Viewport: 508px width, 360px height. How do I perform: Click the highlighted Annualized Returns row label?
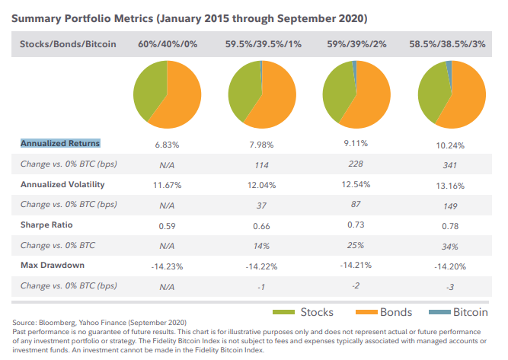(x=60, y=143)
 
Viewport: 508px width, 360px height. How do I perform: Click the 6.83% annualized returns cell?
(x=166, y=143)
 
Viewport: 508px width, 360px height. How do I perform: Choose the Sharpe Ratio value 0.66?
(x=260, y=225)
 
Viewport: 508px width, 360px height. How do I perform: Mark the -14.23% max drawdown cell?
(x=166, y=266)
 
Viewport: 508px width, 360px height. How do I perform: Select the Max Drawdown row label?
(x=53, y=266)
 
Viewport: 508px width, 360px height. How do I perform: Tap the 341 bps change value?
(x=449, y=165)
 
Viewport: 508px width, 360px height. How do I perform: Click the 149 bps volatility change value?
(x=449, y=205)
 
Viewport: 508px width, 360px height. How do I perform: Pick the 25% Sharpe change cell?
(x=355, y=247)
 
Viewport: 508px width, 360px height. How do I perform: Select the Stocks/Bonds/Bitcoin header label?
(x=69, y=44)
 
